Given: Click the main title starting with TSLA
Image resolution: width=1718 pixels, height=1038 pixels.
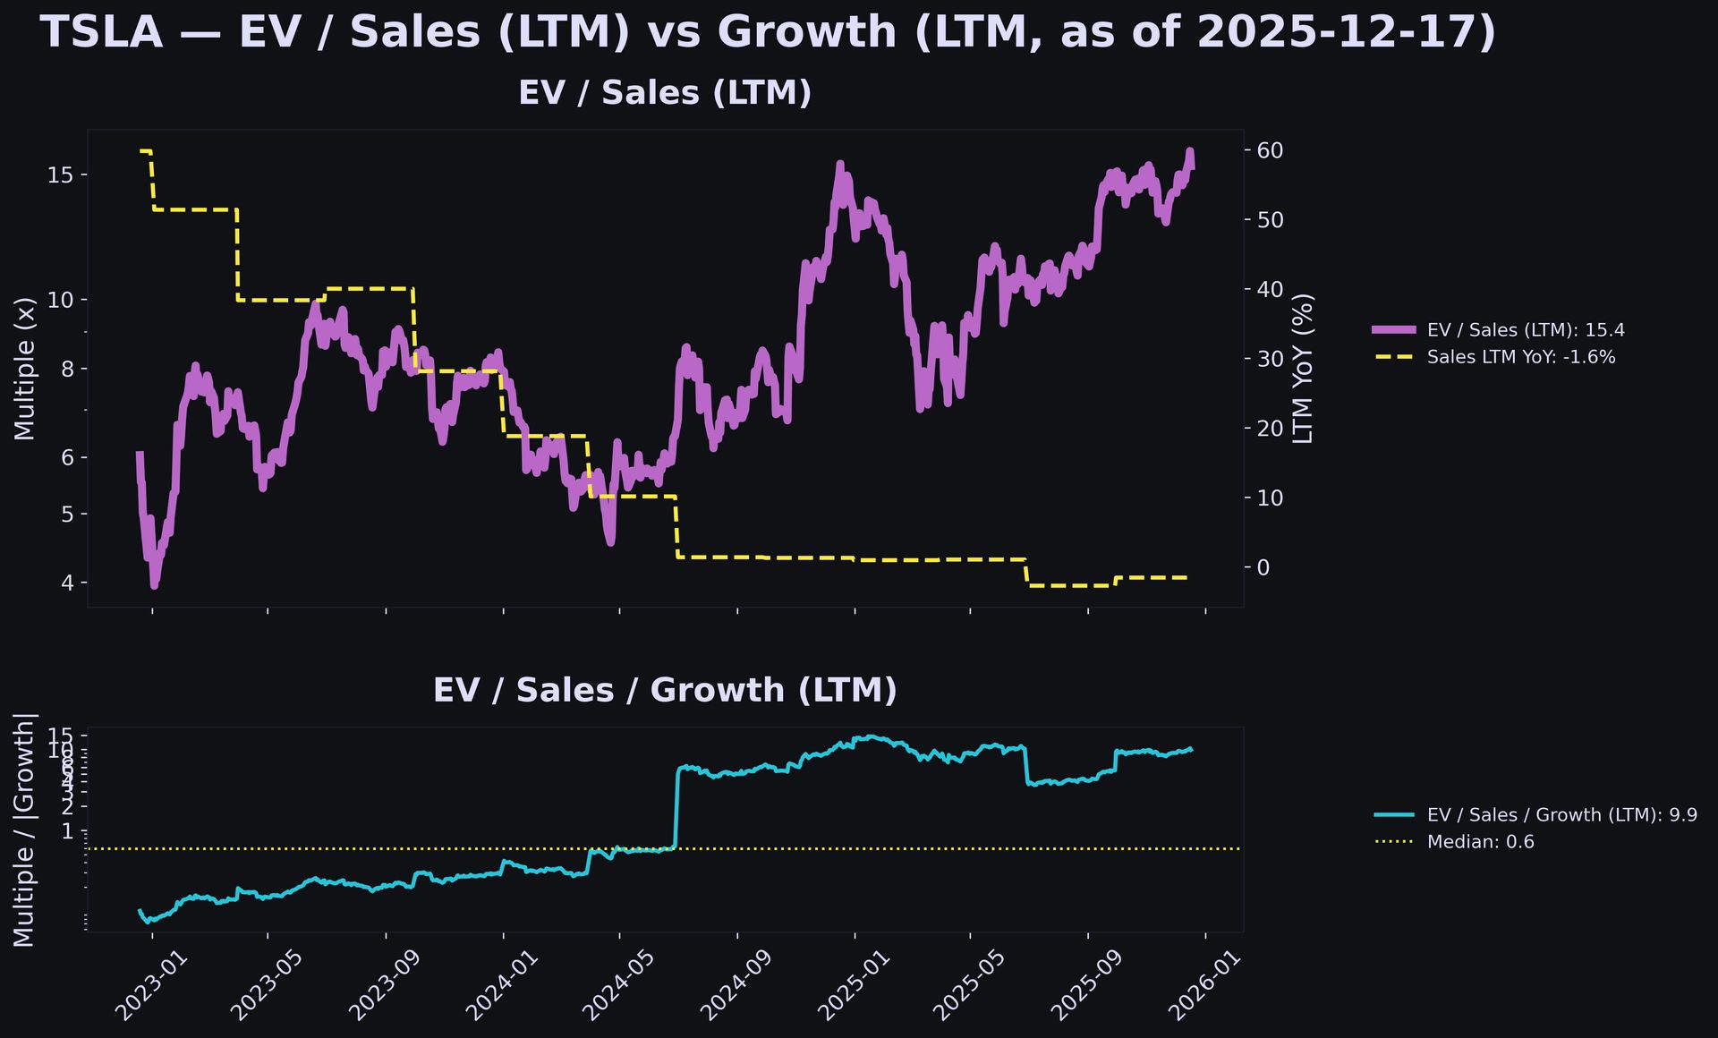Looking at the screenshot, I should pyautogui.click(x=769, y=33).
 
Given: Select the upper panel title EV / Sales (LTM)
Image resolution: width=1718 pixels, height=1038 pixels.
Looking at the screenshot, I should pyautogui.click(x=665, y=93).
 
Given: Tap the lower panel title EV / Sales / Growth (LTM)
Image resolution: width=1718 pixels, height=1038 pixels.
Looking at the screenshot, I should pyautogui.click(x=665, y=690).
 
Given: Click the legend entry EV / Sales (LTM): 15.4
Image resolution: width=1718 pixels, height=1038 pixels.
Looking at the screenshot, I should pyautogui.click(x=1526, y=330).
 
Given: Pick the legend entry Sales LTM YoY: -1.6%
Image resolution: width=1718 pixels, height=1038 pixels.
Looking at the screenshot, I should pyautogui.click(x=1521, y=357).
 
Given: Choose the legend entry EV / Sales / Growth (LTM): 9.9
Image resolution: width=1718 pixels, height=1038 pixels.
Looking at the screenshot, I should pyautogui.click(x=1561, y=815).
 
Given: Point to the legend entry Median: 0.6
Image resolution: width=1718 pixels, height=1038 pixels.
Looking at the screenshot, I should pyautogui.click(x=1480, y=842).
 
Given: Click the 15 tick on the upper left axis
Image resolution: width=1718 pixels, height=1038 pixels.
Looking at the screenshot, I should pyautogui.click(x=60, y=174).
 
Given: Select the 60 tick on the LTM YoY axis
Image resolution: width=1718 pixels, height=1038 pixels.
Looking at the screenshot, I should pyautogui.click(x=1271, y=150).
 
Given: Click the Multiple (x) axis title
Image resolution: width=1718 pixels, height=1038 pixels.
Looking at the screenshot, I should pyautogui.click(x=25, y=369).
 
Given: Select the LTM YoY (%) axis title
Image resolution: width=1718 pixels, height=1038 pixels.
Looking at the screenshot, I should pyautogui.click(x=1304, y=369).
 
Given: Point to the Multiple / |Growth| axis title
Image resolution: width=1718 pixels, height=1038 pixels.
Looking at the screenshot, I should pyautogui.click(x=25, y=830).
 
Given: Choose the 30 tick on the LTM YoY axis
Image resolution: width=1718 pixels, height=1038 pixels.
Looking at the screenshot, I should pyautogui.click(x=1271, y=359).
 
